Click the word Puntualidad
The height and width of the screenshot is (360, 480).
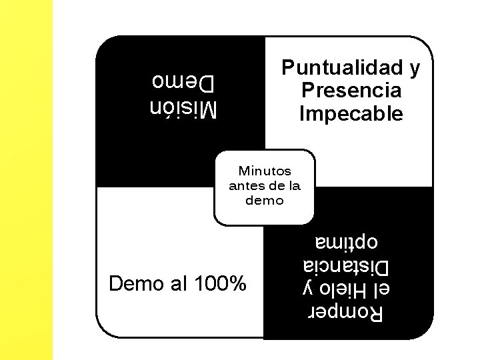point(339,68)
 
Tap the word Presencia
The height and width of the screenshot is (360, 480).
point(351,91)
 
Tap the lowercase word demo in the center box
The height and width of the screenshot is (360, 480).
point(265,200)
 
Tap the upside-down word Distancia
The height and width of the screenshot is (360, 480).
point(345,266)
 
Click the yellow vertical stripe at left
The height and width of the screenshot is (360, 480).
point(26,180)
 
